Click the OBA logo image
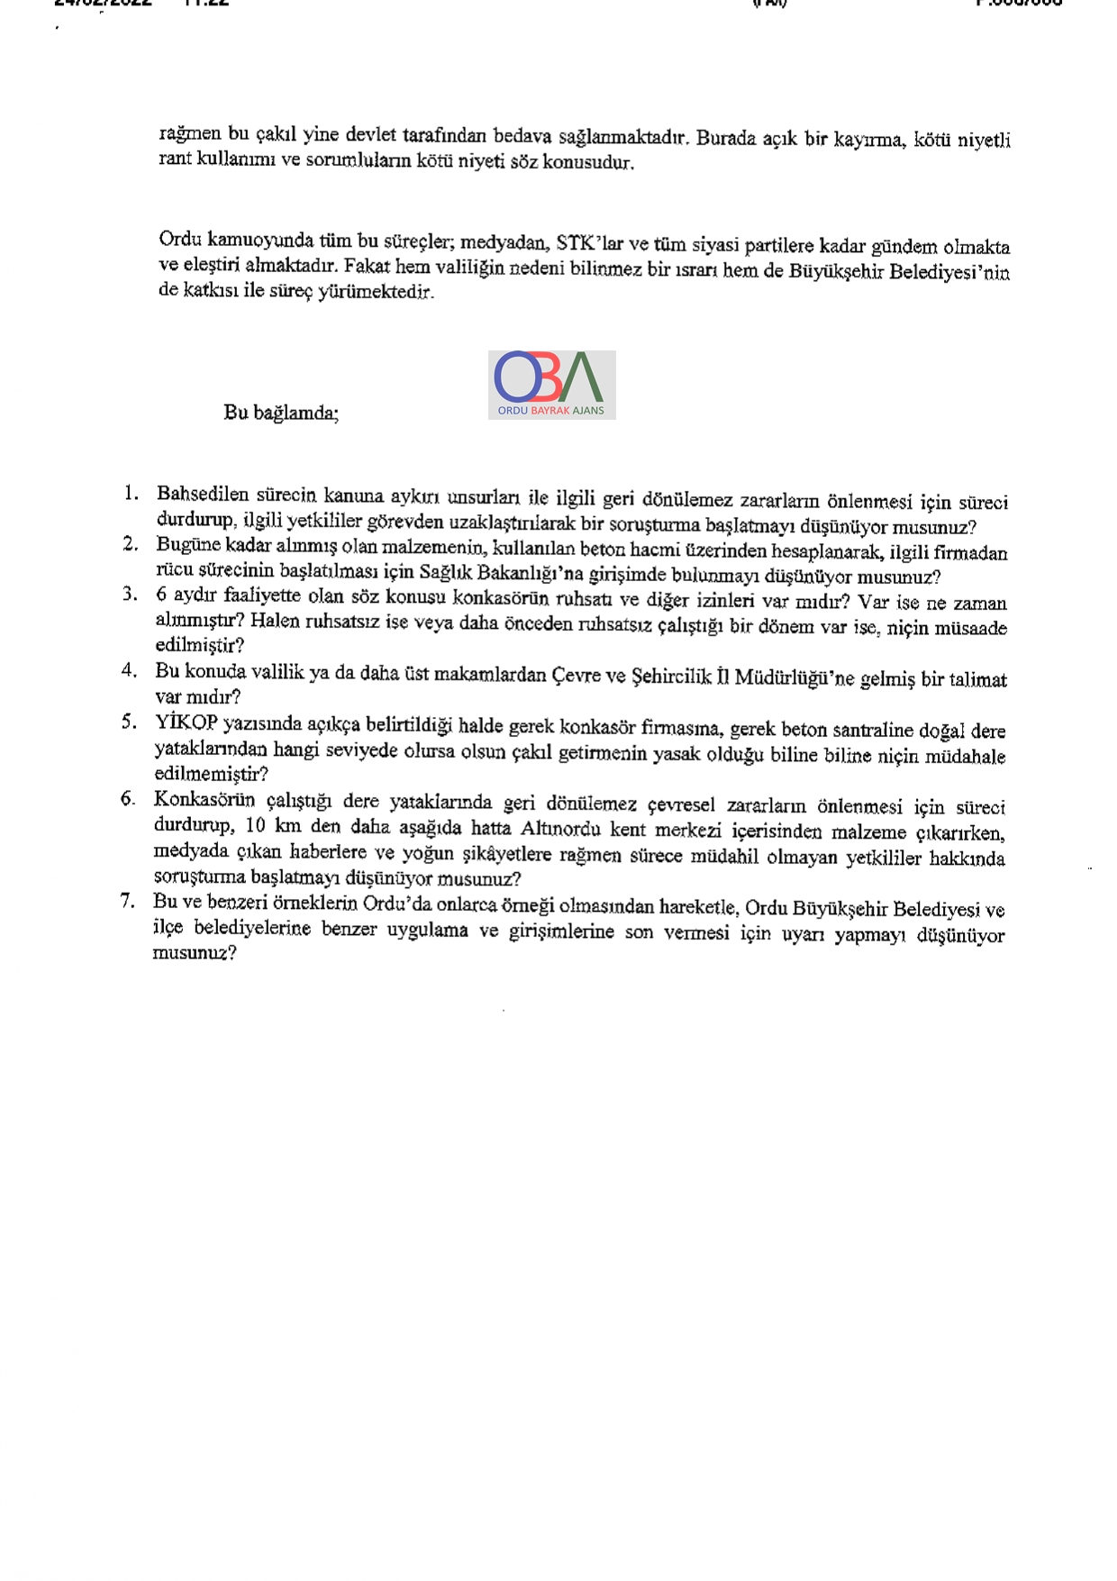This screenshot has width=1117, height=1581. pos(551,385)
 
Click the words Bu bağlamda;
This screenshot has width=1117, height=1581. pos(281,413)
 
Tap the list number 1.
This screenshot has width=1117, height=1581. pos(132,493)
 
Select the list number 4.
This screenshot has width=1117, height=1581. pos(130,670)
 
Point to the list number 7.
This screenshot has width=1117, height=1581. pos(128,901)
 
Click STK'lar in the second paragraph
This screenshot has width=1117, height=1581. pos(589,243)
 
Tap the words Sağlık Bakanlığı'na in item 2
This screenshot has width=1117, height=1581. pos(484,574)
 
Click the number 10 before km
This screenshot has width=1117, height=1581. pos(256,826)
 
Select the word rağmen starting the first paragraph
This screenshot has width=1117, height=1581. pos(189,134)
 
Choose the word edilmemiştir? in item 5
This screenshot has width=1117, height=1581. pos(211,774)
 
